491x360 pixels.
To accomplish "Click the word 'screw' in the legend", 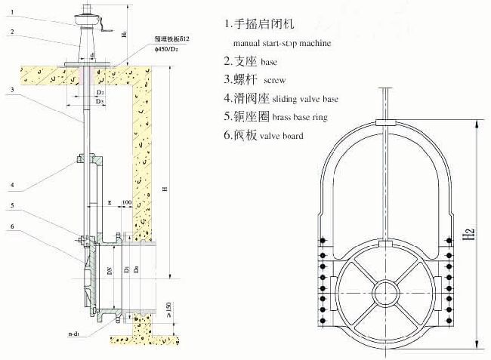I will [273, 78].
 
